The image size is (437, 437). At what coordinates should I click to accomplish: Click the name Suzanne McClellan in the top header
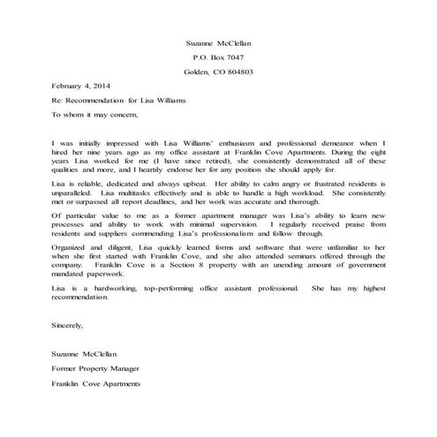coord(218,42)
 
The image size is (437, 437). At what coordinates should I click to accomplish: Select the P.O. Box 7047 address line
coord(218,57)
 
